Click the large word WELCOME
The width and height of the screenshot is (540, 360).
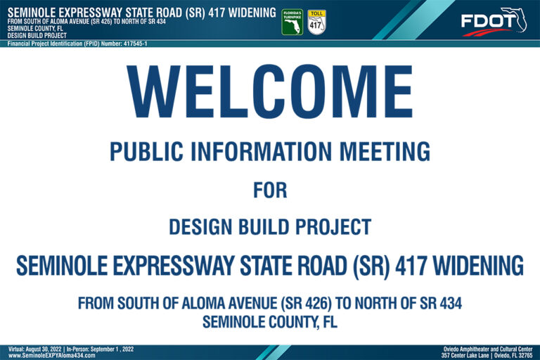(x=270, y=91)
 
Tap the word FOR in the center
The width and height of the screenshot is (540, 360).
(x=270, y=190)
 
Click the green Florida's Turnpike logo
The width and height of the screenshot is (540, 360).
(x=292, y=22)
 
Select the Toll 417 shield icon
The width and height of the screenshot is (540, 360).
(x=316, y=22)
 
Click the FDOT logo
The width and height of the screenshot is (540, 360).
(x=494, y=22)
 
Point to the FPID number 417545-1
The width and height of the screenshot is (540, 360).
(x=135, y=44)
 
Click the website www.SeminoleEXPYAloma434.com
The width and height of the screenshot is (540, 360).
(x=51, y=355)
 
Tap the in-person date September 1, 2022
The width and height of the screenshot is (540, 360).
(x=112, y=349)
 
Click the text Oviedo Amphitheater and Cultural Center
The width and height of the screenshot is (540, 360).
(x=488, y=349)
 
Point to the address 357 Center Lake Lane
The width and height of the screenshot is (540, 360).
(x=465, y=355)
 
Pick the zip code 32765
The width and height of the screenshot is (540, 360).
(x=526, y=355)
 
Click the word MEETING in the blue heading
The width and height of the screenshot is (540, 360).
(x=385, y=151)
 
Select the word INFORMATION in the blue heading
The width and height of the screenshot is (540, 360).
(x=262, y=151)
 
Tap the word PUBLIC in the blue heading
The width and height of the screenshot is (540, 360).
(x=146, y=151)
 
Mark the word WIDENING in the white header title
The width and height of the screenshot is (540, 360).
(x=252, y=13)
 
